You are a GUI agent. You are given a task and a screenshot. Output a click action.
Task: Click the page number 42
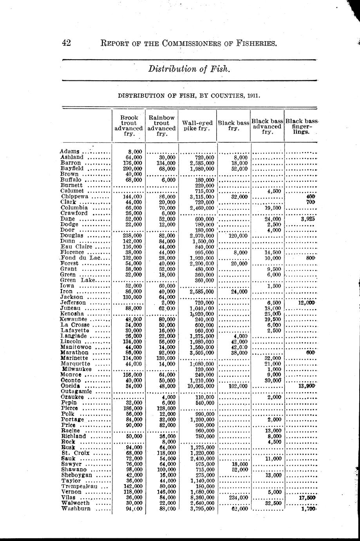(66, 43)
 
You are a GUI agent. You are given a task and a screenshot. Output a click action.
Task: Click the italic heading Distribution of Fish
(189, 69)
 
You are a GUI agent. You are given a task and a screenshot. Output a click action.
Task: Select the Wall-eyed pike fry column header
(198, 125)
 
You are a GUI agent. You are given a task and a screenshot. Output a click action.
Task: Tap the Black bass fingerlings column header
(301, 126)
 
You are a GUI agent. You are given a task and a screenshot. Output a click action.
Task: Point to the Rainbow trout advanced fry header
(162, 125)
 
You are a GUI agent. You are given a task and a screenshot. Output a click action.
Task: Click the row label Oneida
(71, 386)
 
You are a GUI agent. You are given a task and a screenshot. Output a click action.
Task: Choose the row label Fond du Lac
(81, 258)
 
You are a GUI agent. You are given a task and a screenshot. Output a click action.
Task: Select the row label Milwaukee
(77, 369)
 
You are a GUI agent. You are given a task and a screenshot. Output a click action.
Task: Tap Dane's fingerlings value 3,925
(308, 219)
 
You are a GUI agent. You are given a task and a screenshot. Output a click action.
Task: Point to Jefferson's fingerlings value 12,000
(306, 303)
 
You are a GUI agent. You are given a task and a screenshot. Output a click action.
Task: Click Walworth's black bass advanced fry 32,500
(273, 503)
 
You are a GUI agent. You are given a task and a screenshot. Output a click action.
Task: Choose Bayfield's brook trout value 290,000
(129, 168)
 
